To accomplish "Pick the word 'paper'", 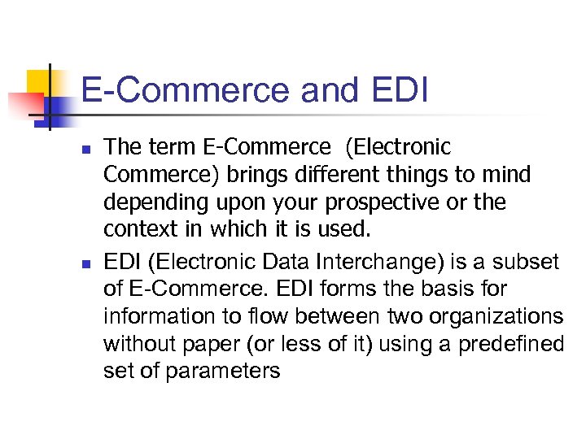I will pyautogui.click(x=212, y=345).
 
